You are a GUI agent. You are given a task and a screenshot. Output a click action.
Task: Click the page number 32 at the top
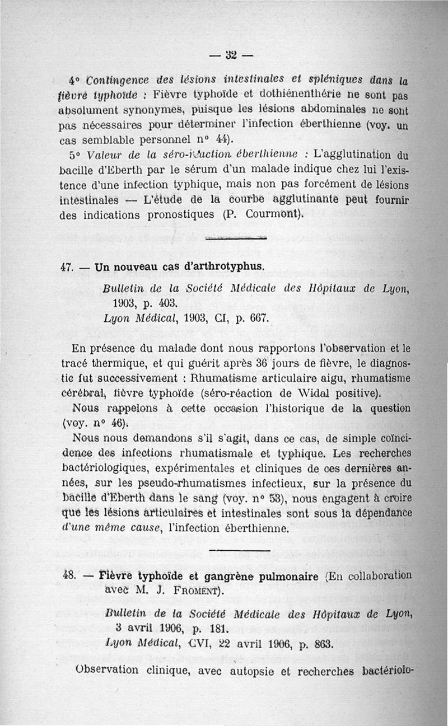click(x=230, y=55)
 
